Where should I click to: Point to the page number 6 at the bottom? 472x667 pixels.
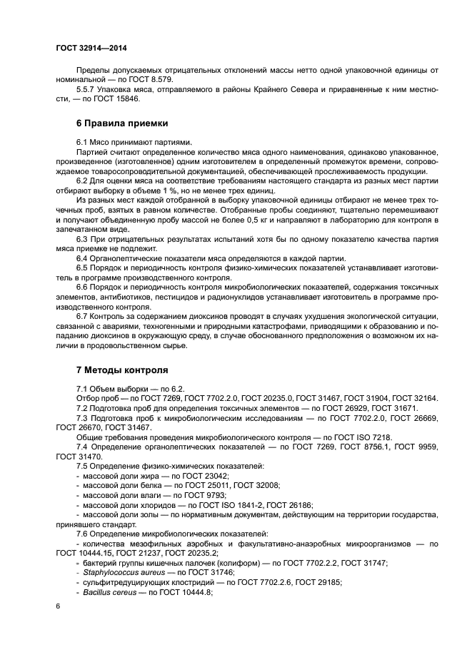click(x=58, y=606)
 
